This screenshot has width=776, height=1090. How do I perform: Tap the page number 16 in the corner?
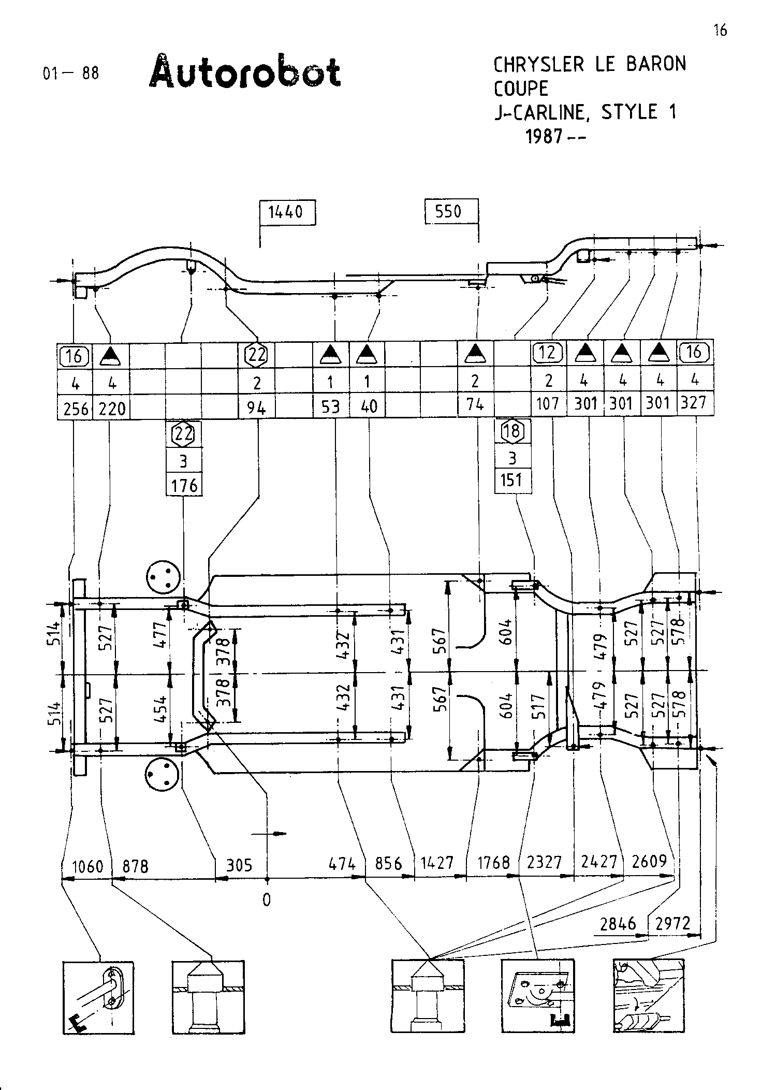[x=720, y=31]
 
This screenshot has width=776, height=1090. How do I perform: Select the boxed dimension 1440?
[x=287, y=212]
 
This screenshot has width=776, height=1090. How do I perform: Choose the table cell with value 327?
[x=695, y=402]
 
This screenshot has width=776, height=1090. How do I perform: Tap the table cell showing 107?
[x=548, y=403]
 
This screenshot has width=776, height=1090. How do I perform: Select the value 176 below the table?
[x=185, y=485]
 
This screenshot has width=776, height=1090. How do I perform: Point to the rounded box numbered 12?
[x=548, y=353]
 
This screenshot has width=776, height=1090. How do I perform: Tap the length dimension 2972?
[x=672, y=923]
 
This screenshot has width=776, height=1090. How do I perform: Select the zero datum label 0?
[x=267, y=900]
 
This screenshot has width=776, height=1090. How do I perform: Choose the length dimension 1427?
[x=437, y=863]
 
